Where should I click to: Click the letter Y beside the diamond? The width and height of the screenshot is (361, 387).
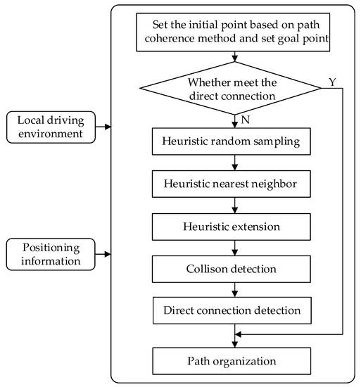tap(332, 82)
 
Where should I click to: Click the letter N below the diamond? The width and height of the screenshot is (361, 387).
tap(246, 120)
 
